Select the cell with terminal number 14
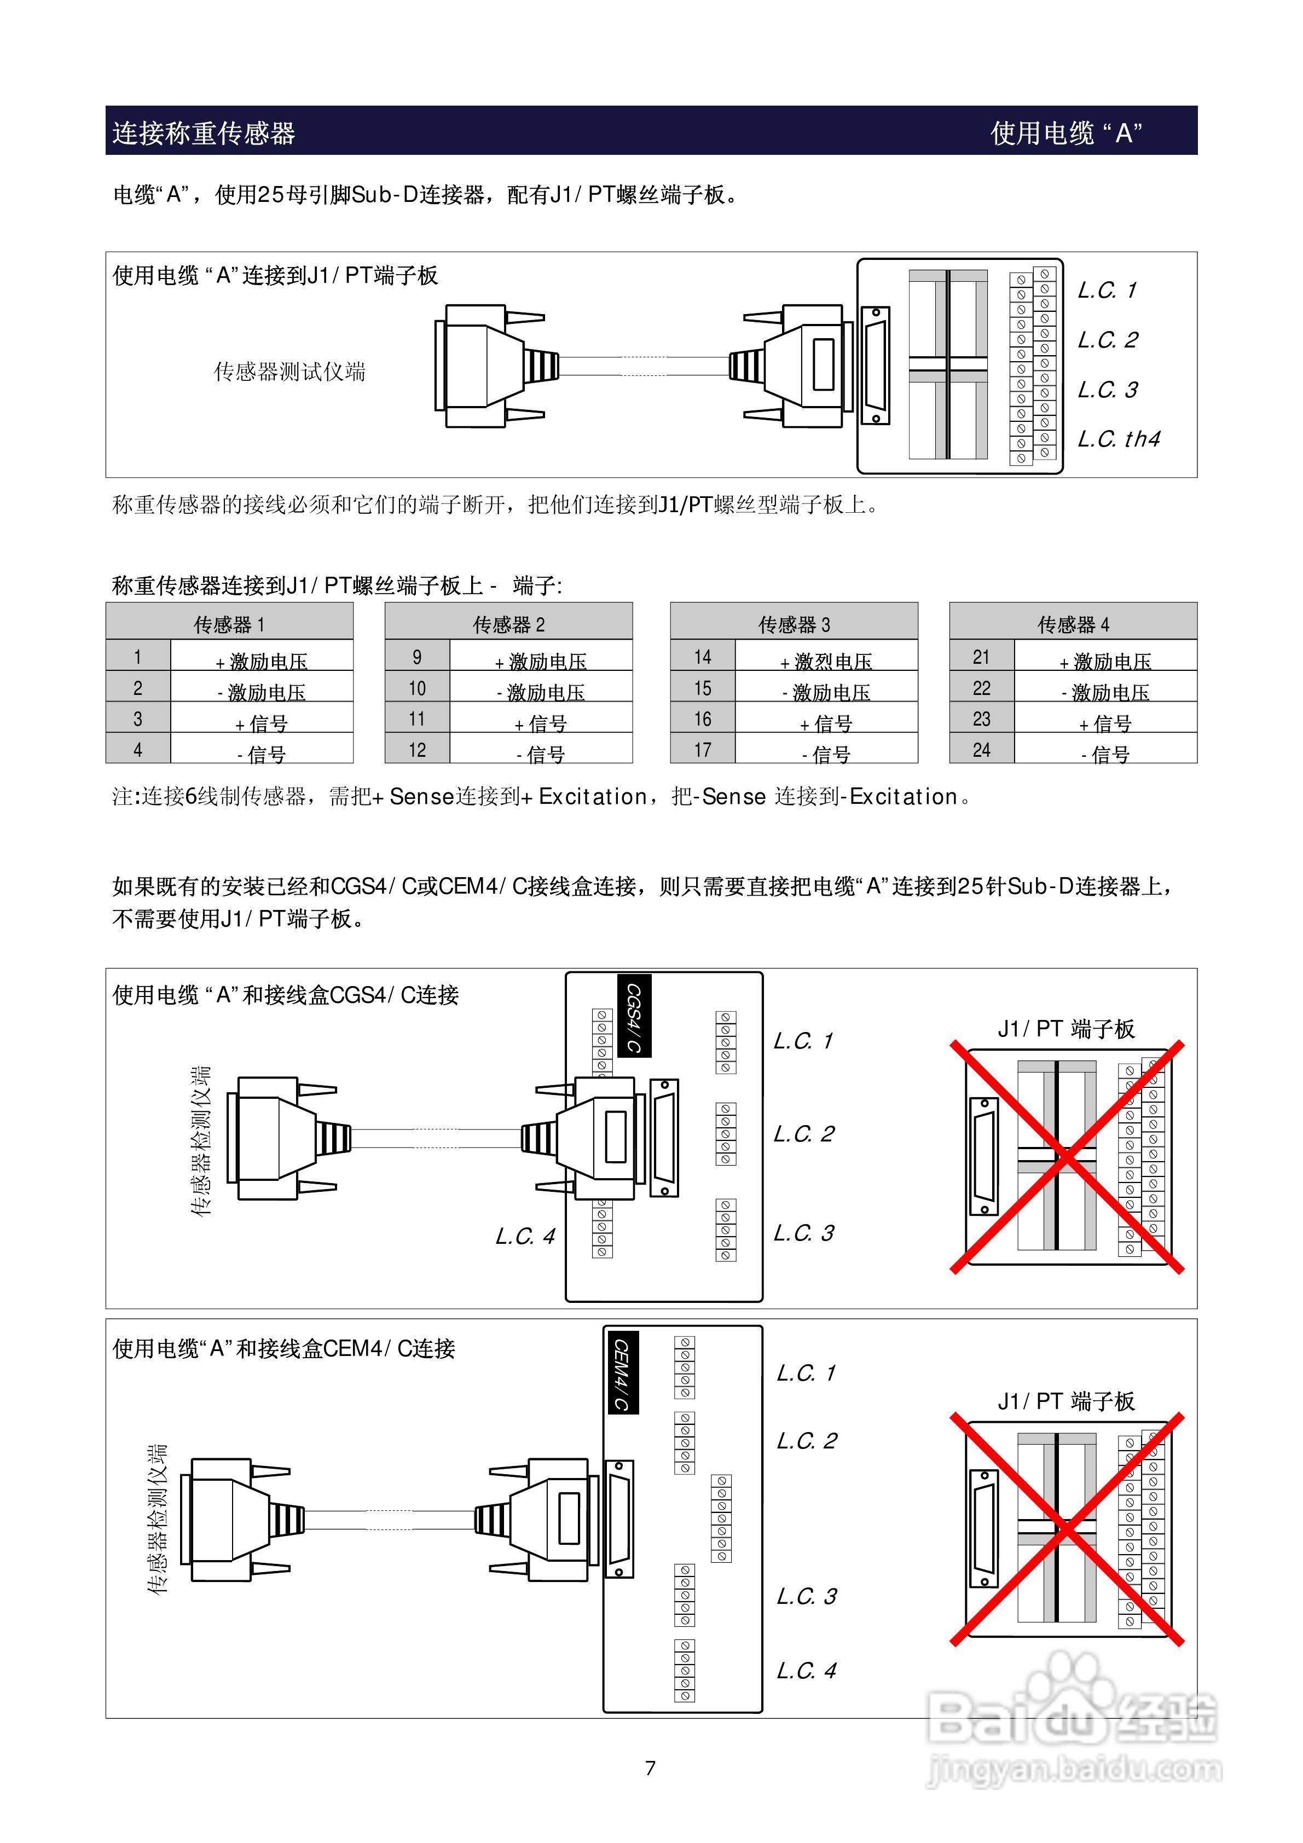pos(703,657)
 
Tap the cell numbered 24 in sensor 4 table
pos(981,750)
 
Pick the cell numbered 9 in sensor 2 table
pos(416,657)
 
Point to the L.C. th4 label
pos(1119,439)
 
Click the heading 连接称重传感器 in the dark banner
pos(204,132)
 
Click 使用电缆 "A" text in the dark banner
pos(1066,132)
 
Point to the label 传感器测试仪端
pos(290,372)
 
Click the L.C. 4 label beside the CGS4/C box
pos(525,1236)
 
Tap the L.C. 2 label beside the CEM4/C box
pos(806,1441)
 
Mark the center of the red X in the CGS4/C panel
pos(1067,1157)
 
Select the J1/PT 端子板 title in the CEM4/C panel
pos(1066,1401)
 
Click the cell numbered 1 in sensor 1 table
pos(138,657)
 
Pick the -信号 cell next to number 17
pos(826,754)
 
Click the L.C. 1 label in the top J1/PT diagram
pos(1107,290)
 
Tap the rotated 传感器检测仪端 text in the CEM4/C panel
pos(158,1519)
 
